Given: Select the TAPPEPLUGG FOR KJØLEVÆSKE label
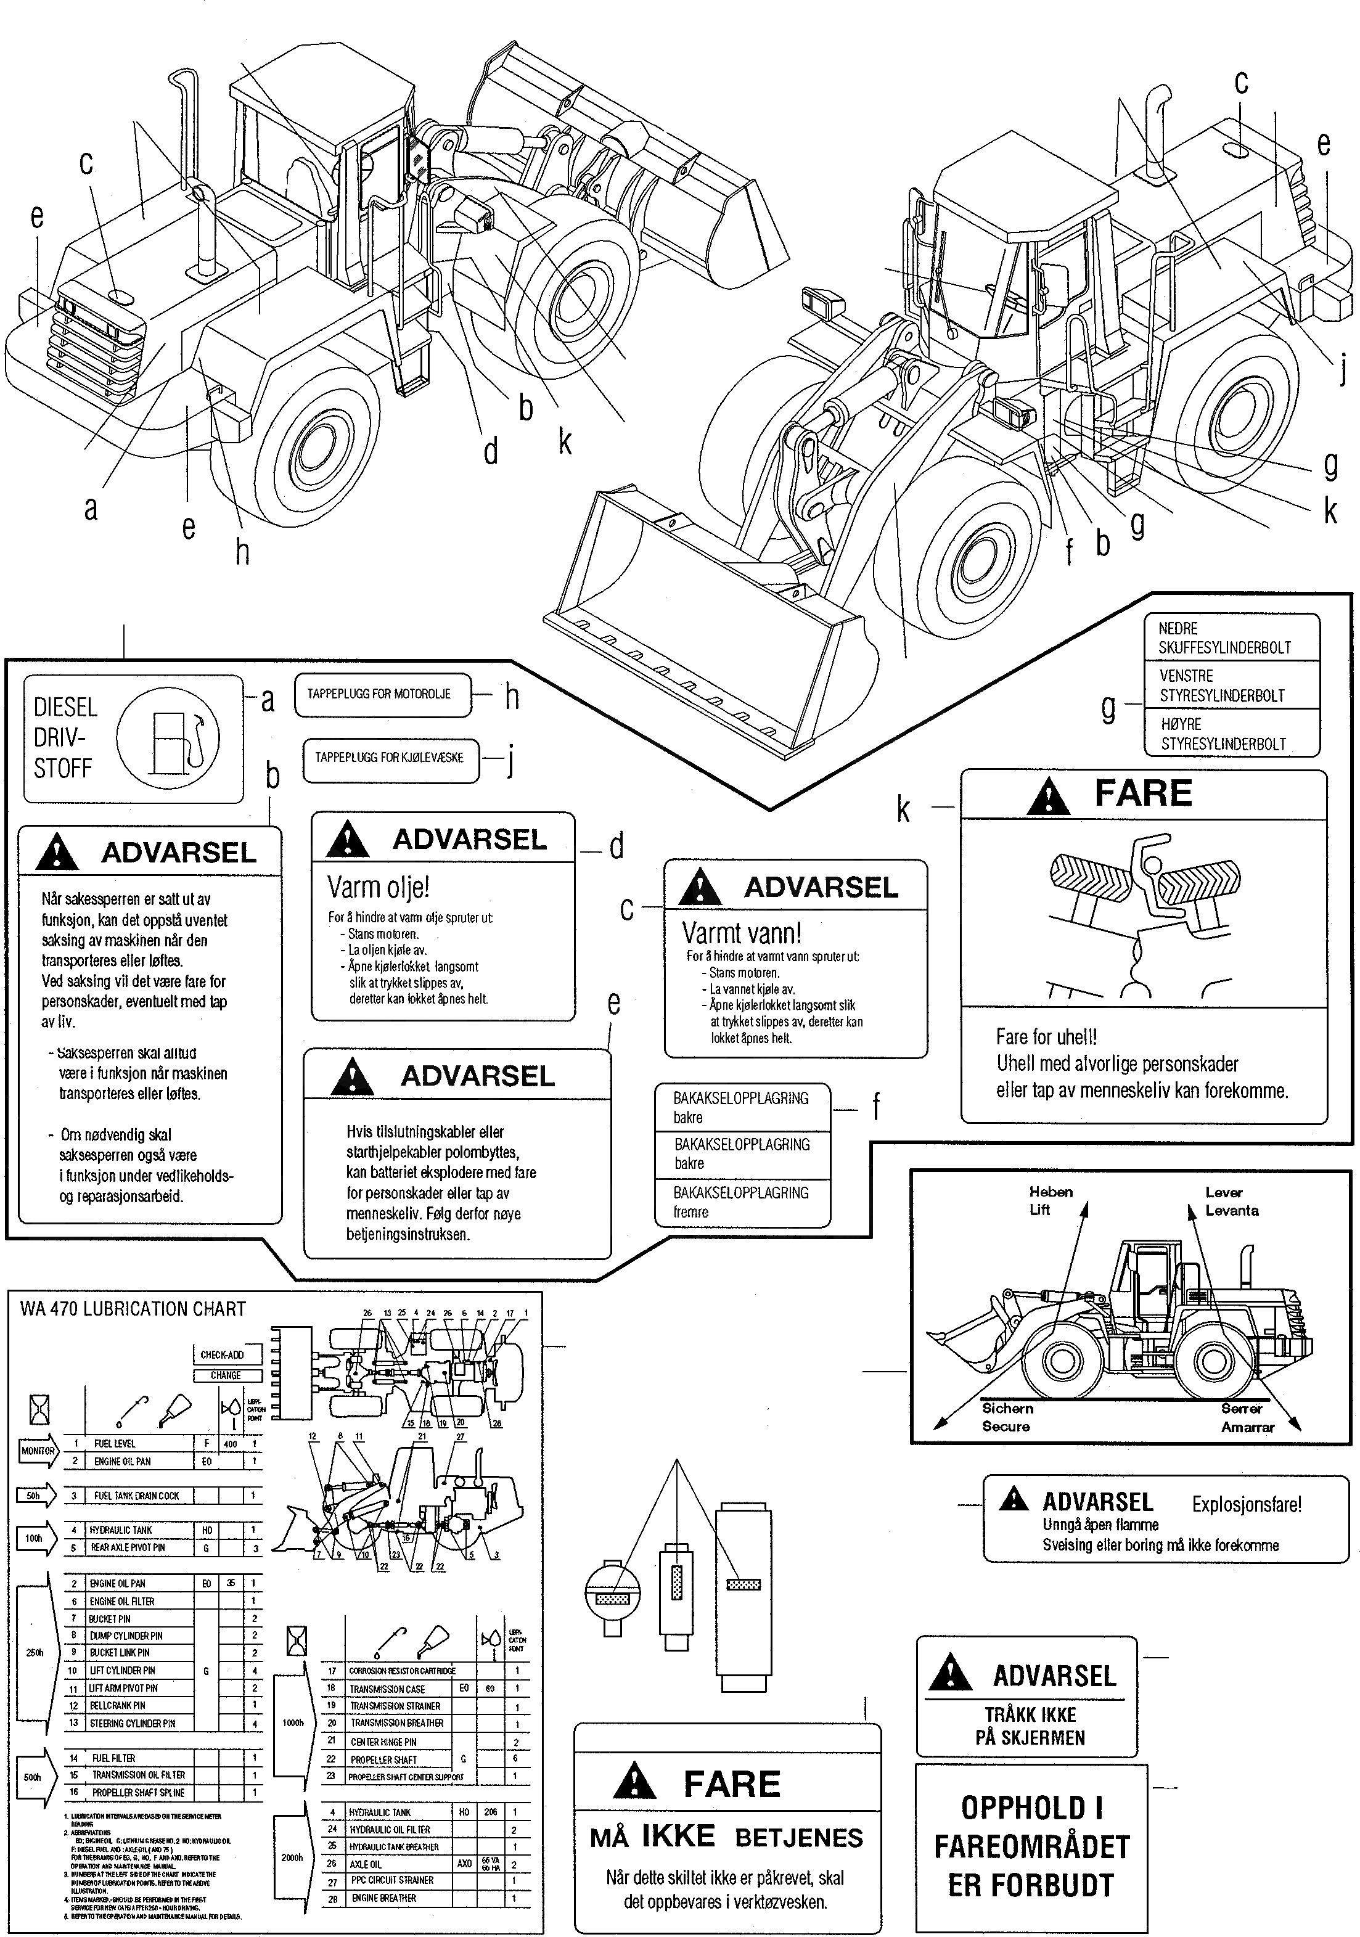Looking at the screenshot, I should point(389,758).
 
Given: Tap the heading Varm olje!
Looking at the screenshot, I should point(378,888).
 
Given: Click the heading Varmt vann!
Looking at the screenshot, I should point(741,933).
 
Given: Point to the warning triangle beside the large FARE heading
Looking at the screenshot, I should point(1048,795).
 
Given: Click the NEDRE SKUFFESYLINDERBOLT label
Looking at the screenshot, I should point(1224,638).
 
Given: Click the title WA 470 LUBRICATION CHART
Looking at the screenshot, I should point(133,1309).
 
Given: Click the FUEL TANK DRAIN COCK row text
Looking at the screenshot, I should point(137,1496).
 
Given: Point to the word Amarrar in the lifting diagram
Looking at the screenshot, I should point(1247,1427).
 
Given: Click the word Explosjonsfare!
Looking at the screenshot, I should point(1246,1504).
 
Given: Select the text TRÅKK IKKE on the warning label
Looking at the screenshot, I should point(1030,1714).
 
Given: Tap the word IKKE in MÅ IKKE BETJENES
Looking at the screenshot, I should point(678,1836).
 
